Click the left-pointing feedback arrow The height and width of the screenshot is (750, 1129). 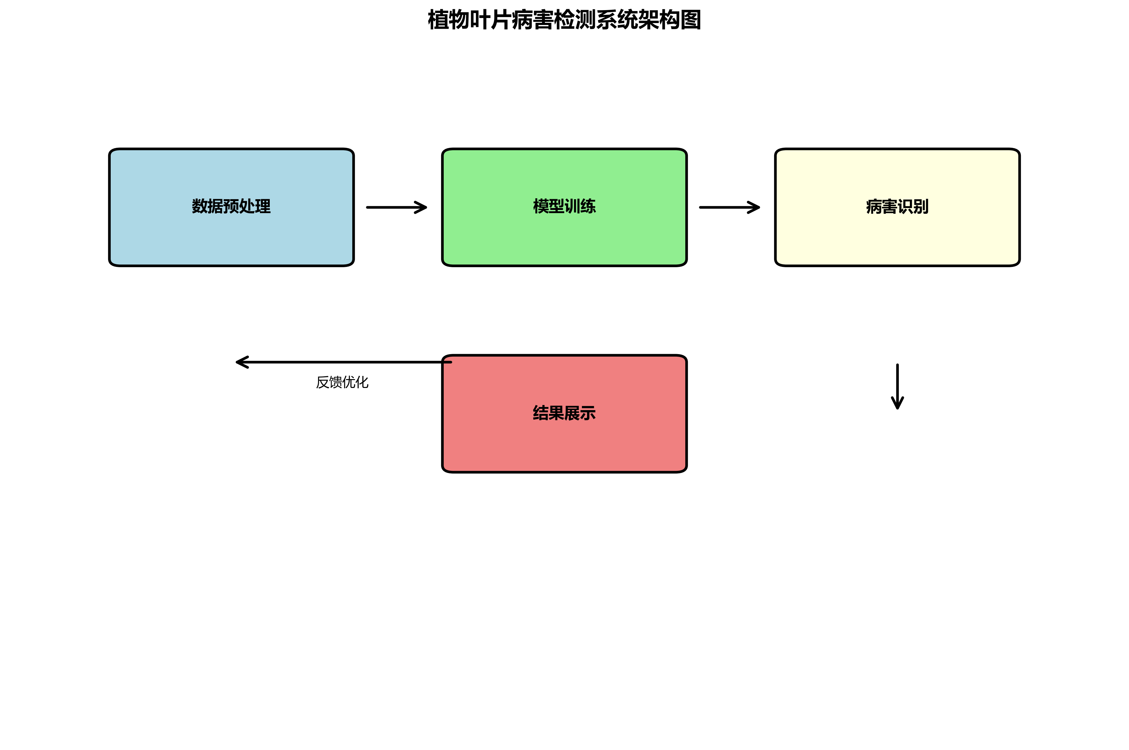point(344,362)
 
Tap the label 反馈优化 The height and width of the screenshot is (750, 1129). point(342,382)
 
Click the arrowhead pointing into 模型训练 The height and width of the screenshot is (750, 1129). point(422,207)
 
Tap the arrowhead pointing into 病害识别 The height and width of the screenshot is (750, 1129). point(755,207)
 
